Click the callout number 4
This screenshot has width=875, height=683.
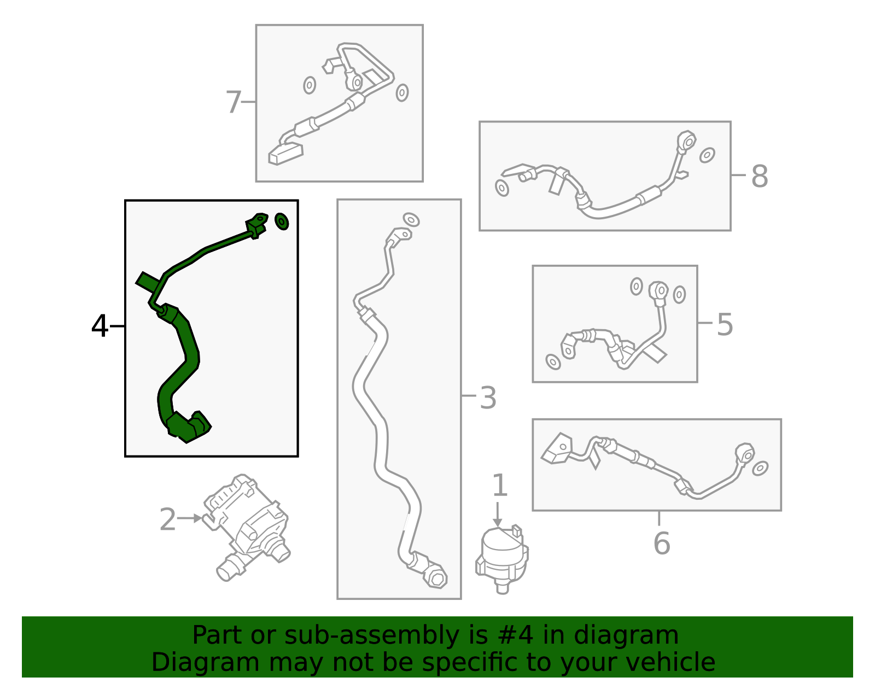pyautogui.click(x=100, y=326)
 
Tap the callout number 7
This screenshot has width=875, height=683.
pyautogui.click(x=234, y=102)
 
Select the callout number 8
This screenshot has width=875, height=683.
pyautogui.click(x=759, y=177)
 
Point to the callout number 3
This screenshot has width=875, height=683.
pyautogui.click(x=488, y=398)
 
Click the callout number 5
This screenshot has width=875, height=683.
pyautogui.click(x=725, y=324)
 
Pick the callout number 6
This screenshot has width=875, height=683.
pyautogui.click(x=661, y=543)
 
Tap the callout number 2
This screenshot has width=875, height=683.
pyautogui.click(x=168, y=519)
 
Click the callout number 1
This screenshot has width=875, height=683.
pyautogui.click(x=500, y=486)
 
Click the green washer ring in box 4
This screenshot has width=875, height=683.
pyautogui.click(x=282, y=221)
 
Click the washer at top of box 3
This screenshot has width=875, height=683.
pyautogui.click(x=411, y=219)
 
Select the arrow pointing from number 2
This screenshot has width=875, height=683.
pyautogui.click(x=190, y=518)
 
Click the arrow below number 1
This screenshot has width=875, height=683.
pyautogui.click(x=497, y=515)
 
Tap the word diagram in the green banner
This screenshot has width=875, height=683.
pyautogui.click(x=626, y=635)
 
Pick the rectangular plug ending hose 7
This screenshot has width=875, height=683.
pyautogui.click(x=285, y=153)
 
